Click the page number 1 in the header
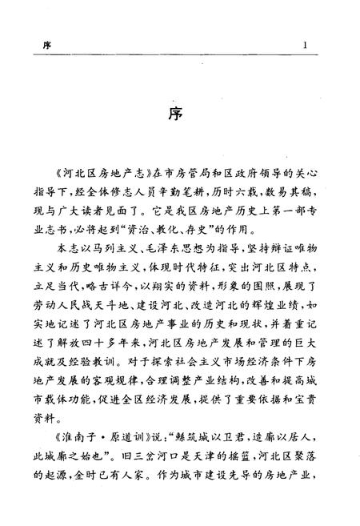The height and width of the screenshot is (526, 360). (x=306, y=46)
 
